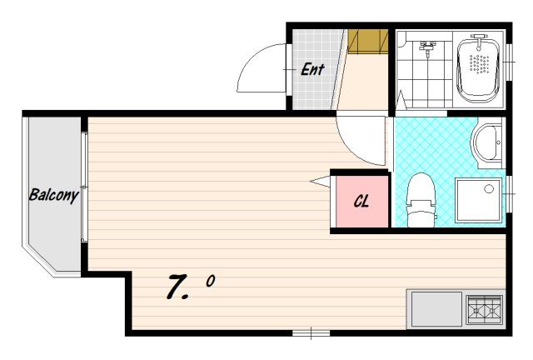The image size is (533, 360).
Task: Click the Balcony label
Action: point(53,195)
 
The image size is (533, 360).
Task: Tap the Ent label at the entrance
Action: point(312,69)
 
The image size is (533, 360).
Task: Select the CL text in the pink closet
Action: point(361,201)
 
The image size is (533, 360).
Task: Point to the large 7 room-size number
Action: point(177,287)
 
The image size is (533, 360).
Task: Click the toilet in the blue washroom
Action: point(421,200)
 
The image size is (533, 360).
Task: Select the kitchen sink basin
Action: point(436,309)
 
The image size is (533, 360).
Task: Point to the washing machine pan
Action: point(479,200)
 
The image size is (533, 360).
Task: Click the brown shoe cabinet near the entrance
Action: point(368,41)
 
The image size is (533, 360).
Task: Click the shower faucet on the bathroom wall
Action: point(426,47)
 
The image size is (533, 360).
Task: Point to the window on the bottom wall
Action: point(311,332)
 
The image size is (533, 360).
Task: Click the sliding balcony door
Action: point(84,187)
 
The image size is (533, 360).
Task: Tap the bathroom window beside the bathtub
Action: point(509,62)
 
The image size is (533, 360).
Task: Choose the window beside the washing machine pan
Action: point(509,194)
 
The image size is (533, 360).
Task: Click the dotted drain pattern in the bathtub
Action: point(479,63)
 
